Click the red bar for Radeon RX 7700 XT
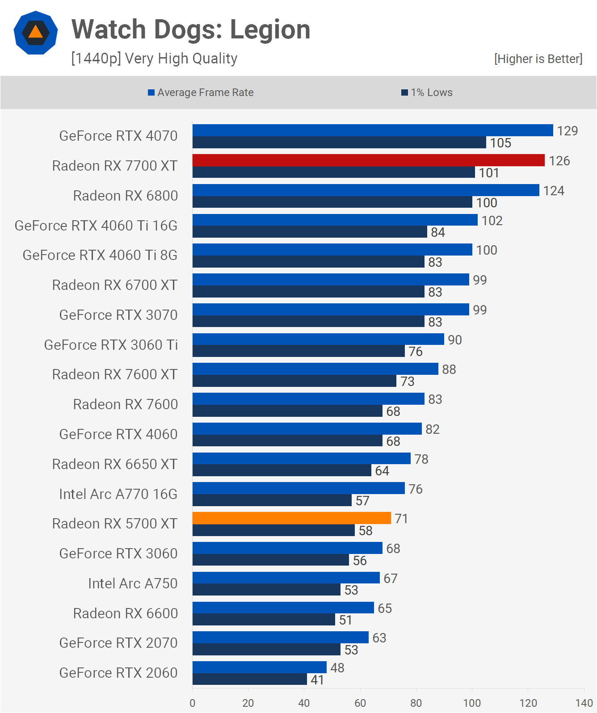click(368, 160)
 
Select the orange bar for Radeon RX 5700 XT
click(291, 518)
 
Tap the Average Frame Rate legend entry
click(201, 92)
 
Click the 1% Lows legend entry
click(427, 92)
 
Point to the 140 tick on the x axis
click(584, 703)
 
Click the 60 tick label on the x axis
click(360, 703)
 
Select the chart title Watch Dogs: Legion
click(191, 29)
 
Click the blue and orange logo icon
click(36, 33)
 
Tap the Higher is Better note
click(538, 59)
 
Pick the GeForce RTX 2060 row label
click(118, 673)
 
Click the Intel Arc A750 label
click(133, 583)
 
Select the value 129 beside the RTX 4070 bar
click(567, 131)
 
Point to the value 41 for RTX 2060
click(317, 680)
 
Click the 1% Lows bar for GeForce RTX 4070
click(339, 143)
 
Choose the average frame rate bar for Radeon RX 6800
click(366, 190)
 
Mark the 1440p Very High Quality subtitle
click(154, 59)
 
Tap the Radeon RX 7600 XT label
click(115, 374)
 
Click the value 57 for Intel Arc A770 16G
click(362, 501)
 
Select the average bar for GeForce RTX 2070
click(280, 638)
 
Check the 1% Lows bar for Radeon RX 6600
click(264, 620)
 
